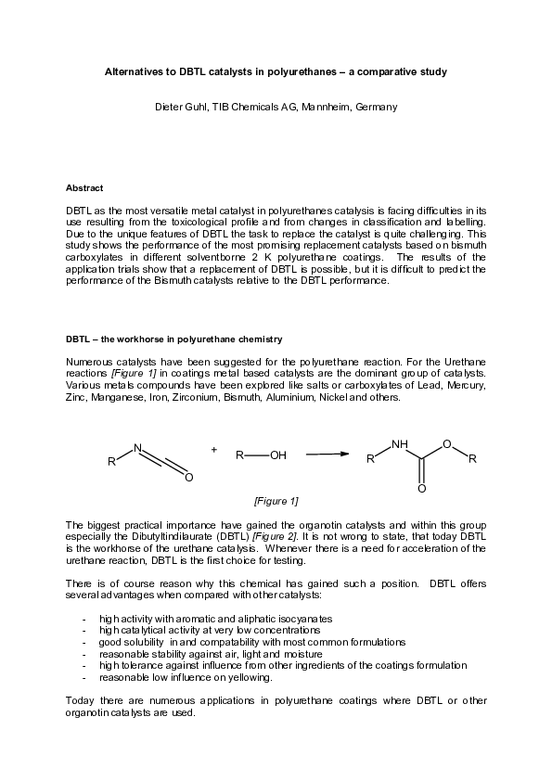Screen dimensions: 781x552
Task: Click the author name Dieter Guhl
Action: coord(177,107)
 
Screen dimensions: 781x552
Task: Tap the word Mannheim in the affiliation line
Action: coord(345,107)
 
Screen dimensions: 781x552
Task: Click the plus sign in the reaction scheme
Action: coord(214,449)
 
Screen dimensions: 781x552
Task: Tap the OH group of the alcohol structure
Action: coord(278,455)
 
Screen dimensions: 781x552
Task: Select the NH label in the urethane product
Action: coord(400,444)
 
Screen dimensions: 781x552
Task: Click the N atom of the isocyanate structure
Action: coord(137,447)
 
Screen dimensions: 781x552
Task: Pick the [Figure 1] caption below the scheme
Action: coord(276,501)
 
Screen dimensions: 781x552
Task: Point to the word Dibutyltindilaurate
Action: coord(161,536)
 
